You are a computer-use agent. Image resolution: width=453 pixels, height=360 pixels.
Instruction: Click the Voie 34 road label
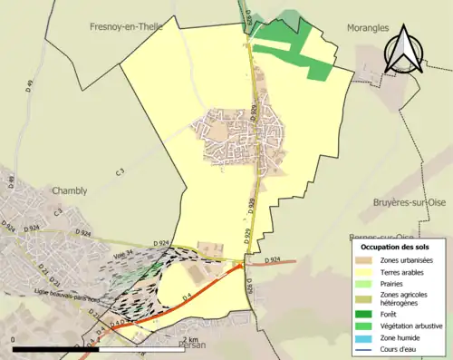click(x=122, y=254)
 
